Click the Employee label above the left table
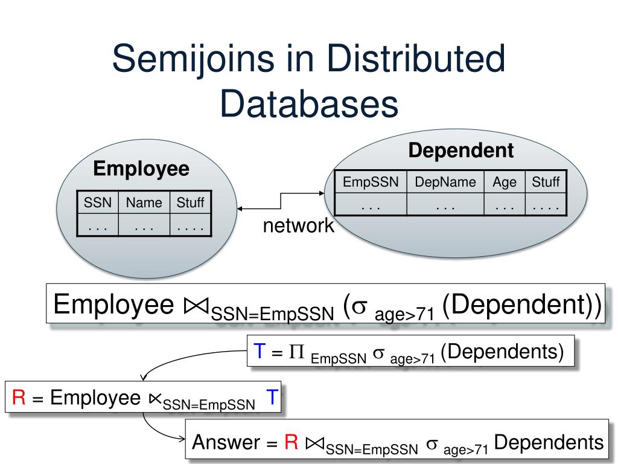point(141,169)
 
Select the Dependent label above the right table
point(460,150)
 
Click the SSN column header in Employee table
point(98,203)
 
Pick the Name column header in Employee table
point(144,203)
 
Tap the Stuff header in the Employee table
point(190,203)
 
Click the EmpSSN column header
point(371,182)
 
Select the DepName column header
point(445,182)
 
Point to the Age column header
point(505,182)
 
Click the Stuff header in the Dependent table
point(546,182)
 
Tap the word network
point(298,226)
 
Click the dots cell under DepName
point(445,206)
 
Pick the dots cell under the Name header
point(144,227)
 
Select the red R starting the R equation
point(18,398)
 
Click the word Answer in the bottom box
point(226,443)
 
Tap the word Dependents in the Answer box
point(549,443)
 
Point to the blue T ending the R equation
point(272,397)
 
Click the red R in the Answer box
point(291,443)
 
